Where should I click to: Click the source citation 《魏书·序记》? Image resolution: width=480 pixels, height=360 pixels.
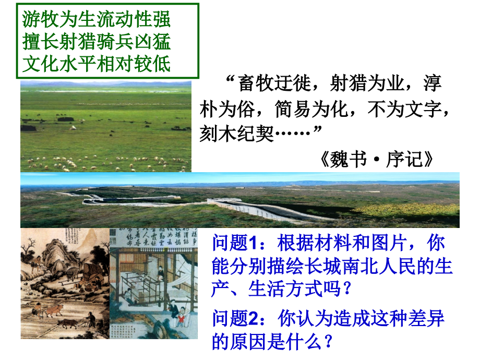point(377,159)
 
